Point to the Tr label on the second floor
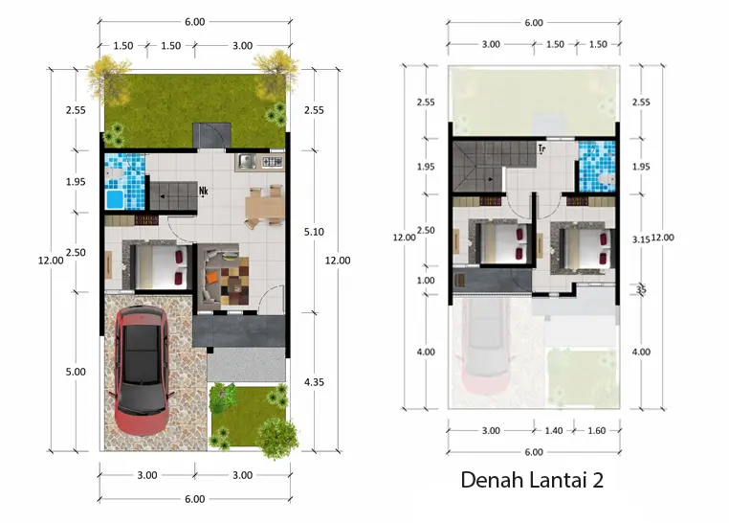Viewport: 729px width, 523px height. point(541,148)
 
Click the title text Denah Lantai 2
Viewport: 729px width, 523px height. point(532,480)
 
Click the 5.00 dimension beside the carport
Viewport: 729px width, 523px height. point(77,372)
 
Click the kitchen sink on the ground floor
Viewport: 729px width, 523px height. point(247,162)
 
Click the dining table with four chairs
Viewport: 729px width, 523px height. point(263,206)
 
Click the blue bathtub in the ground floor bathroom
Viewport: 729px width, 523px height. point(115,199)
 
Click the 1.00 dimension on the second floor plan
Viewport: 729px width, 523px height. point(426,280)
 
